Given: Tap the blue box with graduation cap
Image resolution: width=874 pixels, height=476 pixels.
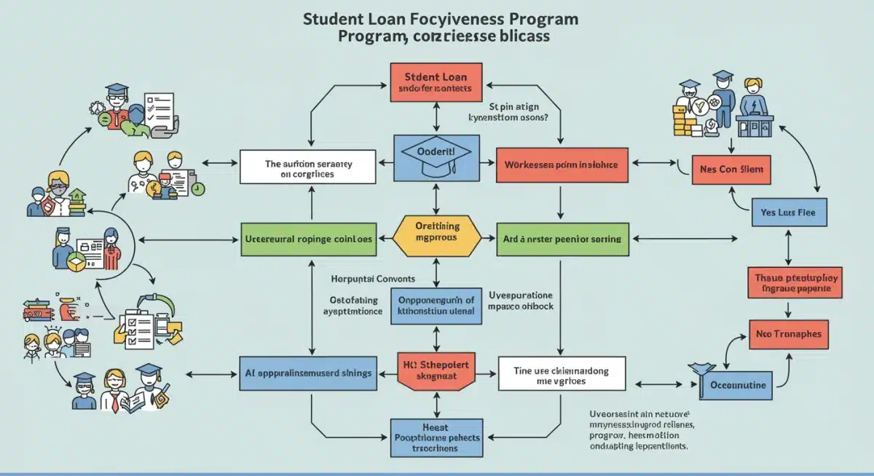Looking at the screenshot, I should (436, 158).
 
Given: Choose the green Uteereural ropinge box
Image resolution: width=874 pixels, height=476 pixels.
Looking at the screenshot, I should (307, 239).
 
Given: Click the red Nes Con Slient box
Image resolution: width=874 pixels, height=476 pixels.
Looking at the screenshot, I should (731, 170).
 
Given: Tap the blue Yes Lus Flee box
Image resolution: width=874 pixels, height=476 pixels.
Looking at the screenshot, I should (788, 213).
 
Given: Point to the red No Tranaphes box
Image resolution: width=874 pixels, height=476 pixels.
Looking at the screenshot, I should (789, 334).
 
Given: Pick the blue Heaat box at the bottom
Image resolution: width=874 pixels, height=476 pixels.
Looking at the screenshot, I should (436, 437).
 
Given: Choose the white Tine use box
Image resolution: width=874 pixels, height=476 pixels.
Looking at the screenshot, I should (562, 376).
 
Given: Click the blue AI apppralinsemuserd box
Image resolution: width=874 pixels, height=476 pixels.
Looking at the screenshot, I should (307, 373).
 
